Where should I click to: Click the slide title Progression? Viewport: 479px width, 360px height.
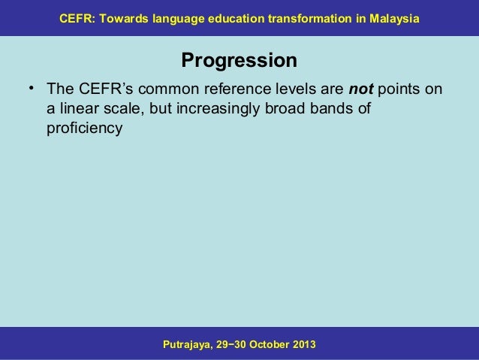(x=239, y=59)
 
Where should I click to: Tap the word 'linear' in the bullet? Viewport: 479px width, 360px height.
(x=78, y=110)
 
